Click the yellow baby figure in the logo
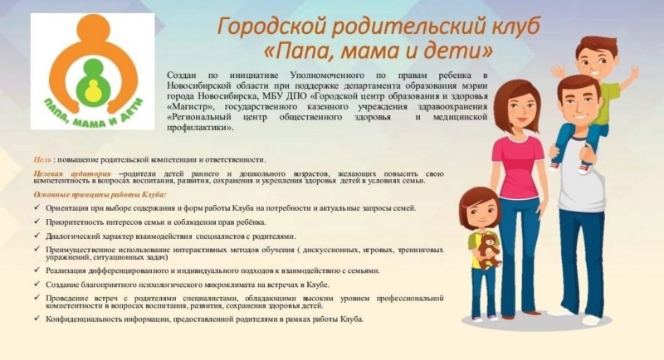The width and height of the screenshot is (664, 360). [x=92, y=92]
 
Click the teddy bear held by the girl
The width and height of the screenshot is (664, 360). [x=489, y=251]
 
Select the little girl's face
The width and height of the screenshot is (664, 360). [x=480, y=211]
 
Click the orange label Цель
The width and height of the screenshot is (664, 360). [x=42, y=160]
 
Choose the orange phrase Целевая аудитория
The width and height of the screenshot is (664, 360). [x=72, y=174]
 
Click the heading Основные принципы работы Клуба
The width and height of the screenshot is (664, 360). [x=100, y=195]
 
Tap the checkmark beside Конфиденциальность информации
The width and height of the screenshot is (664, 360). [x=37, y=319]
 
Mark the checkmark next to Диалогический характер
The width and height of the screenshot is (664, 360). [x=37, y=236]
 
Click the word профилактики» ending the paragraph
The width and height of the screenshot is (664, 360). [x=200, y=128]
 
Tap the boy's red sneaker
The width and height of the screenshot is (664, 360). [x=585, y=168]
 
